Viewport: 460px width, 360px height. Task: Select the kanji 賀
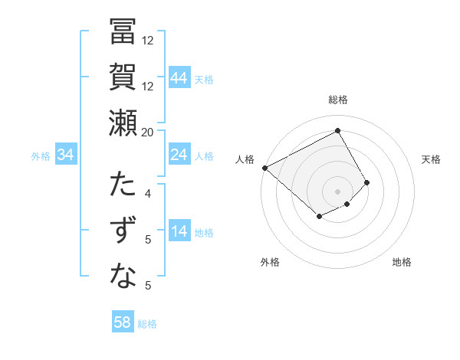click(x=123, y=77)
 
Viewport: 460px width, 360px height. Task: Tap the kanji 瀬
click(x=123, y=123)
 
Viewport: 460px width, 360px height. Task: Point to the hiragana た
click(x=123, y=185)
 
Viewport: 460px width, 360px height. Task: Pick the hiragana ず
click(x=123, y=231)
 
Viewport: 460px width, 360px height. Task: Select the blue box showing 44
click(x=179, y=78)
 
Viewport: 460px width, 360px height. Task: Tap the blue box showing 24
click(x=179, y=155)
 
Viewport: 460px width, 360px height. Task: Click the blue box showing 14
click(x=179, y=231)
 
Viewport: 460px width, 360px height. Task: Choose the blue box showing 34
click(x=66, y=155)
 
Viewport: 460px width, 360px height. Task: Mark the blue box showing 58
click(x=123, y=322)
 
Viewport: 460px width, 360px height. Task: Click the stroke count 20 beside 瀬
click(x=148, y=132)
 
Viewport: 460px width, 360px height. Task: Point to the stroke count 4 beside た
click(x=148, y=193)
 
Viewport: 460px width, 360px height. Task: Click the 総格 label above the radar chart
click(x=338, y=100)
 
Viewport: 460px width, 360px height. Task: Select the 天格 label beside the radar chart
click(x=432, y=159)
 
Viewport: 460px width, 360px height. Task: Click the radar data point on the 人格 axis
click(x=264, y=168)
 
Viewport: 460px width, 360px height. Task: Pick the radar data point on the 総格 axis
click(x=337, y=130)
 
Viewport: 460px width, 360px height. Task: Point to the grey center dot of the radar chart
click(x=337, y=191)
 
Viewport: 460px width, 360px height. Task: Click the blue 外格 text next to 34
click(x=41, y=156)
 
